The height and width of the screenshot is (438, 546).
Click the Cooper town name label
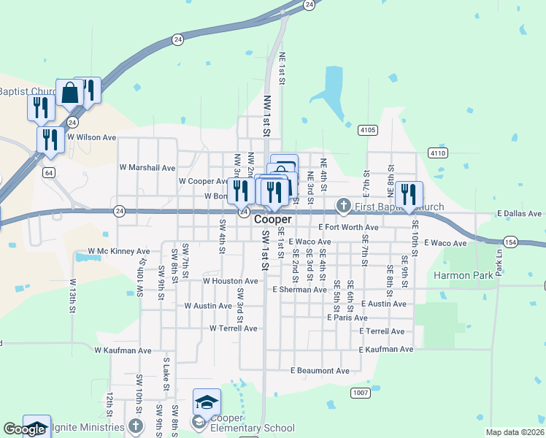(x=273, y=219)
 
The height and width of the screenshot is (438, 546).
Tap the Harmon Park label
(x=464, y=275)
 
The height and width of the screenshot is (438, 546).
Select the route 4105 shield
(x=368, y=130)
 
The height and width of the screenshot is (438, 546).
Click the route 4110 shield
(x=438, y=153)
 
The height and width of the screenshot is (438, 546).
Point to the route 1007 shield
(x=359, y=393)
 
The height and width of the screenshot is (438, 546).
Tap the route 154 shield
(x=510, y=242)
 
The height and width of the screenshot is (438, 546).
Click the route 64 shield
(x=48, y=172)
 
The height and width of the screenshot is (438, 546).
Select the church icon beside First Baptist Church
(x=344, y=207)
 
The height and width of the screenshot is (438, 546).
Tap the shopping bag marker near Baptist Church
(x=70, y=93)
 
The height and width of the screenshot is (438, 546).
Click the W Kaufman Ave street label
(x=123, y=350)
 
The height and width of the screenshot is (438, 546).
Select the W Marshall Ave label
(x=147, y=167)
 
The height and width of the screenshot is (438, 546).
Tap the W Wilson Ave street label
(x=91, y=137)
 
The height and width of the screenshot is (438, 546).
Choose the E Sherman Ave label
(x=299, y=290)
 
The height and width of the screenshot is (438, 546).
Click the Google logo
(x=24, y=429)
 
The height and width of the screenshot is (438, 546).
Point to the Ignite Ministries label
(x=84, y=426)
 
